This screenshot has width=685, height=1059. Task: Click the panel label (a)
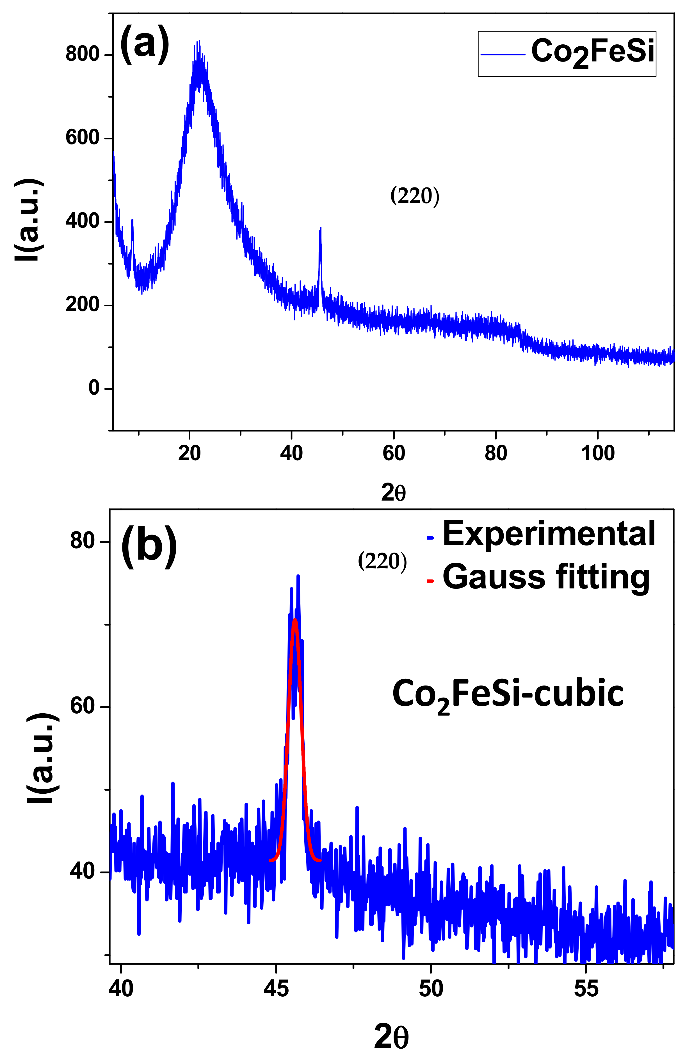pyautogui.click(x=145, y=43)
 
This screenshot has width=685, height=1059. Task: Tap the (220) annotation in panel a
pyautogui.click(x=414, y=196)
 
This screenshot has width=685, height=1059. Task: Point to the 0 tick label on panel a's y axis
pyautogui.click(x=94, y=388)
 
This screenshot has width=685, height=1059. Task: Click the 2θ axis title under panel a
pyautogui.click(x=393, y=493)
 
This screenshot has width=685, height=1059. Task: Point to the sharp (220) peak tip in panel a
pyautogui.click(x=320, y=228)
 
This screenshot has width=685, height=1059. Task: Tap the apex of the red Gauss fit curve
pyautogui.click(x=294, y=620)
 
